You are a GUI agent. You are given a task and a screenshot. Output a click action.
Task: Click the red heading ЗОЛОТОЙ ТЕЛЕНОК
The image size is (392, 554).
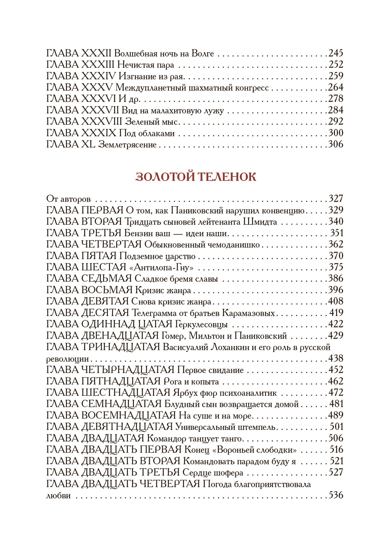coord(196,177)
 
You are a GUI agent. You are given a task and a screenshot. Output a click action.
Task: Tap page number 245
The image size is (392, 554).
coord(336,53)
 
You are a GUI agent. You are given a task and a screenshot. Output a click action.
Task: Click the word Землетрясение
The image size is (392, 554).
coord(127,144)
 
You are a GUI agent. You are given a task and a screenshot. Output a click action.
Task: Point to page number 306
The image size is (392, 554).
coord(336,144)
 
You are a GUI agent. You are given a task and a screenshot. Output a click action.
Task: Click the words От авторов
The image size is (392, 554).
coord(68,199)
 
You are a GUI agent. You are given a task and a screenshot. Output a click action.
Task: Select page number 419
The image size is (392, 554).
coord(336,313)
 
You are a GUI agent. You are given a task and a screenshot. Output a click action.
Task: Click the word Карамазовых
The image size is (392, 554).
coord(248,313)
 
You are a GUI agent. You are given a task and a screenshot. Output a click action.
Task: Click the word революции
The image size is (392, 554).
coord(68,359)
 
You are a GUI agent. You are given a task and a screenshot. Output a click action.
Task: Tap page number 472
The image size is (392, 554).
coord(336,393)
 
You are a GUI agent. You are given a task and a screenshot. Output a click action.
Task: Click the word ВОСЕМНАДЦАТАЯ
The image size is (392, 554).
coord(129,415)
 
